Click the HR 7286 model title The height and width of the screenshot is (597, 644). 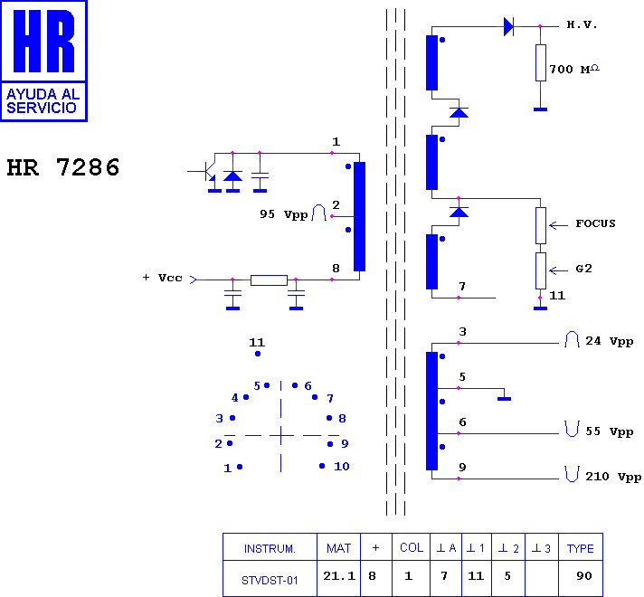(63, 167)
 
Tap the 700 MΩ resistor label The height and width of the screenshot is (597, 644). (574, 69)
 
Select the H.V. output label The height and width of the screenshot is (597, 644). (582, 24)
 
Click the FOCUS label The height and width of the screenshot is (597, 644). (595, 223)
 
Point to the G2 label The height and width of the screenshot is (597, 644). (583, 269)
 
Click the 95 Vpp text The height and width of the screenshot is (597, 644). (283, 214)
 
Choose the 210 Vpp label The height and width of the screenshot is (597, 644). (613, 477)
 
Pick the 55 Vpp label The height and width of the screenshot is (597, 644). (609, 431)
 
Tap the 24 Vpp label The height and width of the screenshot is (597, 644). (609, 341)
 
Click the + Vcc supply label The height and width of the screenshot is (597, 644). (162, 278)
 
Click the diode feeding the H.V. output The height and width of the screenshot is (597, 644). (509, 27)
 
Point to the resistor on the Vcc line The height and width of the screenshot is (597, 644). (269, 280)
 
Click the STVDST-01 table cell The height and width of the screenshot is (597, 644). (270, 580)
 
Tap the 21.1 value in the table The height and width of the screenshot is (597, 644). (339, 576)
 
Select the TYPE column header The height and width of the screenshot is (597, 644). (581, 548)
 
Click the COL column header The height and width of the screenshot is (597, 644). (412, 547)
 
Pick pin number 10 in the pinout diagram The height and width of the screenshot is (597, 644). (341, 467)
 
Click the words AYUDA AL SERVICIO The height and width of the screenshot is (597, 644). (43, 101)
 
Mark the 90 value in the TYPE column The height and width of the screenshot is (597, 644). (584, 575)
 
